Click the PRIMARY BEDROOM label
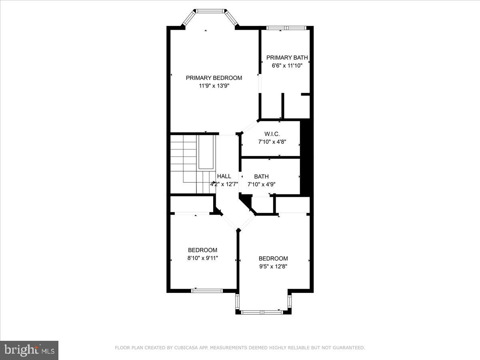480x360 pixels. coord(214,78)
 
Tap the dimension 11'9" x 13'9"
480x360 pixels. coord(214,86)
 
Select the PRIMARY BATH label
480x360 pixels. coord(287,58)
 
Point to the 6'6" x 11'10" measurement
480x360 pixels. coord(287,66)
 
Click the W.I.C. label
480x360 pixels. coord(272,134)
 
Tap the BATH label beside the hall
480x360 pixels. coord(261,176)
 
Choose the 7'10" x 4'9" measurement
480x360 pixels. coord(261,184)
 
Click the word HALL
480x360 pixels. coord(224,176)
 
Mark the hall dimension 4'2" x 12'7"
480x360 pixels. coord(224,184)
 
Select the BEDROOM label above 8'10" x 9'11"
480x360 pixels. coord(202,250)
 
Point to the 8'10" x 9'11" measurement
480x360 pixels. coord(202,258)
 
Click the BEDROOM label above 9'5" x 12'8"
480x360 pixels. coord(273,258)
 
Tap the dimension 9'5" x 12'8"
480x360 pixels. coord(273,266)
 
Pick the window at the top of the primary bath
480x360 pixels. coord(286,28)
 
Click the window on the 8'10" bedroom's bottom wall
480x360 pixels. coord(207,291)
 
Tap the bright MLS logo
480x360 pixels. coord(29,350)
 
